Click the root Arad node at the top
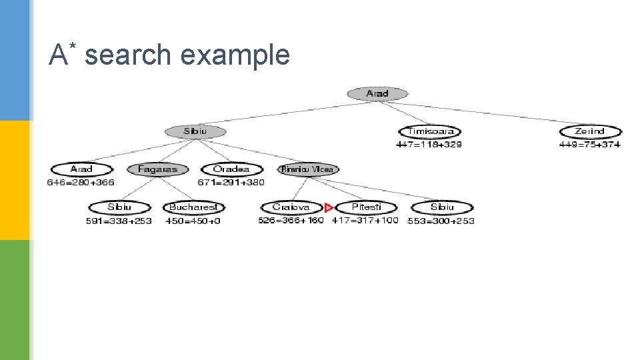377,94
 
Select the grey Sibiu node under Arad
195,131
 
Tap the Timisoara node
430,131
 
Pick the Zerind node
590,131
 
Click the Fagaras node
157,169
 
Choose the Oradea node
231,169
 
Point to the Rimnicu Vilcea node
307,169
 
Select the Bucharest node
193,207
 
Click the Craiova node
291,207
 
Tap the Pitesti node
366,207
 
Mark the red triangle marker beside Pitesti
329,208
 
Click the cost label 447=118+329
429,144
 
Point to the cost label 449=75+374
589,144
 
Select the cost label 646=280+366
81,182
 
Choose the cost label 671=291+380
231,182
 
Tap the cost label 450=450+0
193,221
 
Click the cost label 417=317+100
365,220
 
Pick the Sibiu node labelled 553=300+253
442,207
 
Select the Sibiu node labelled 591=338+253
120,207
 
